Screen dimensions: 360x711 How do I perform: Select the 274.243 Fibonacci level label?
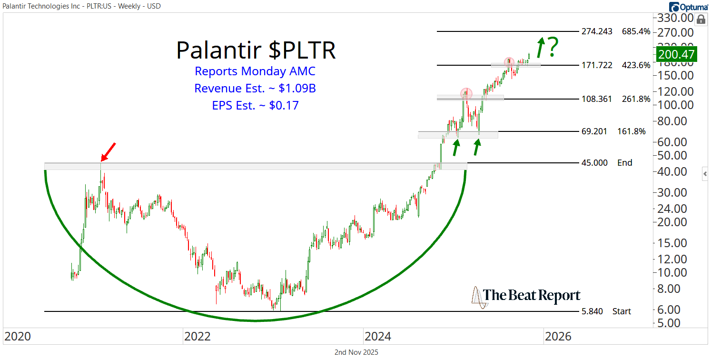click(597, 31)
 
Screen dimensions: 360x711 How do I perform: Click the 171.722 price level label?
click(597, 65)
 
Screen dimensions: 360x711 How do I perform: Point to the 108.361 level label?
click(597, 99)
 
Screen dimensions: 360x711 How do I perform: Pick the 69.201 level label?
click(594, 131)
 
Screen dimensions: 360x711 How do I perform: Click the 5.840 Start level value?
click(592, 311)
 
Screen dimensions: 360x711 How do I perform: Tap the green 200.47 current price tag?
click(676, 54)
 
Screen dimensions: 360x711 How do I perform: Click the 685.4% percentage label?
click(636, 31)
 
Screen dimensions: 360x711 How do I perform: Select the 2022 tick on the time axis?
click(197, 337)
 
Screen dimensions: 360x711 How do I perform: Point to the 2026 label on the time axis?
click(558, 337)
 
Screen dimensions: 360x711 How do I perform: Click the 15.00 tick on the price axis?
click(672, 243)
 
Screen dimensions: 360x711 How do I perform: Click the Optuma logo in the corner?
click(688, 7)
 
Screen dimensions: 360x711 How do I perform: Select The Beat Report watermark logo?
click(526, 296)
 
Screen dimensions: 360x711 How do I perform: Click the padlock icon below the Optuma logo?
click(701, 19)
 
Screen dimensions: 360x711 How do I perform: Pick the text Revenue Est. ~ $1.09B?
click(255, 89)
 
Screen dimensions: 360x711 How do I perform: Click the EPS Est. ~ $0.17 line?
click(255, 105)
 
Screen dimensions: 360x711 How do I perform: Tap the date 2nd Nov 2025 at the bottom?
click(356, 352)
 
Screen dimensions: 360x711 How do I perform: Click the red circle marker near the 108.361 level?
click(466, 93)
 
